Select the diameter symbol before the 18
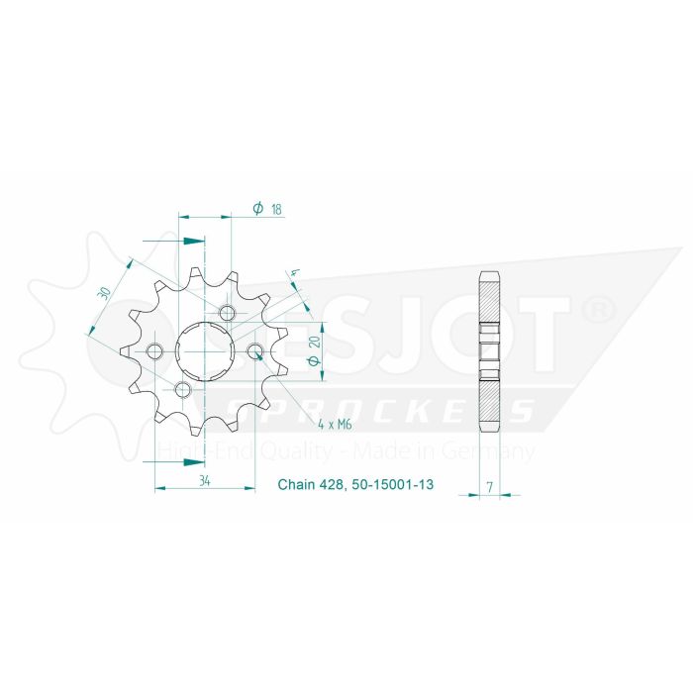(x=257, y=209)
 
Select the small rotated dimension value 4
(x=294, y=274)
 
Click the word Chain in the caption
(x=294, y=486)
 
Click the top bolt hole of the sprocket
(x=229, y=315)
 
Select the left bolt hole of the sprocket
(x=154, y=352)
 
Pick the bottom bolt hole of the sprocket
(x=182, y=390)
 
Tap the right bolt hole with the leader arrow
(x=254, y=352)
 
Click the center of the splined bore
(x=205, y=352)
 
